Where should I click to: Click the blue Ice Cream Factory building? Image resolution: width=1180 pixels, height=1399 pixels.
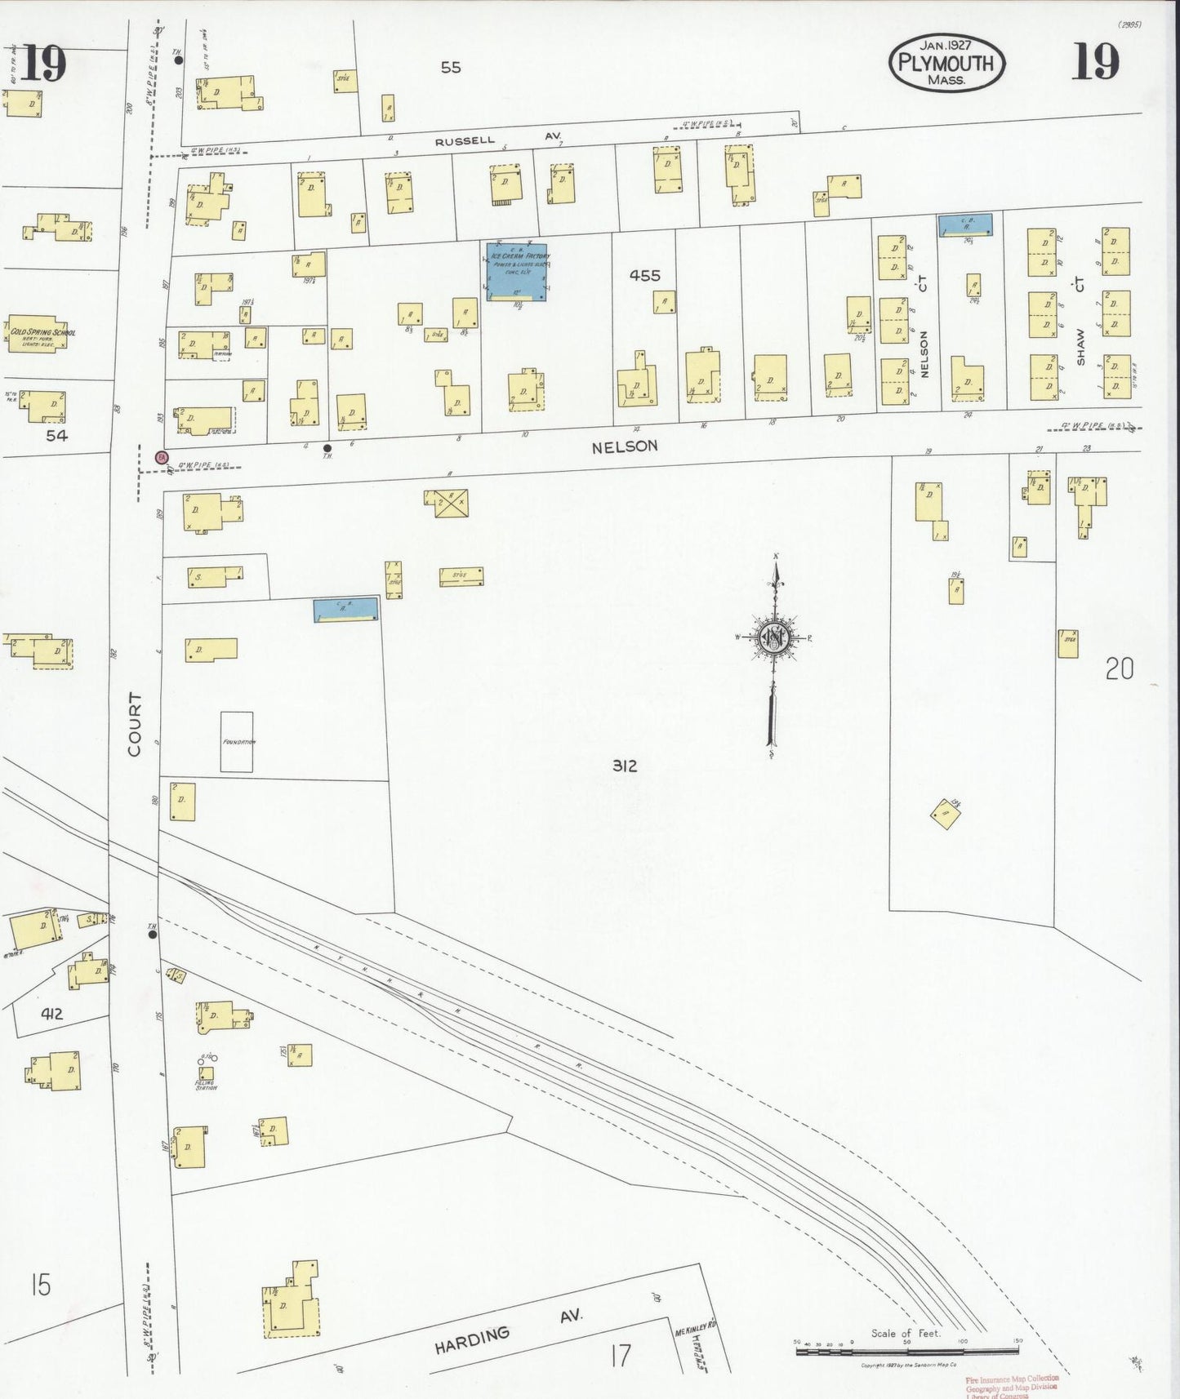pos(517,272)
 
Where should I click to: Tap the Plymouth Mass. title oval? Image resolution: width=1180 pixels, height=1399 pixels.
pos(946,63)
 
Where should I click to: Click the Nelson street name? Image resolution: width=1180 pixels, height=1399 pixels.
pos(625,446)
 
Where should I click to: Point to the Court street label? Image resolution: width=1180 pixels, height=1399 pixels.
pos(135,724)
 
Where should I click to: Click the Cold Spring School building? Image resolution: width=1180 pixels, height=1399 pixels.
pos(42,333)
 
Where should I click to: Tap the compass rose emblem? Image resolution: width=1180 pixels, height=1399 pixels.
pos(773,638)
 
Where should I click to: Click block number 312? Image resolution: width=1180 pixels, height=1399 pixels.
pos(625,766)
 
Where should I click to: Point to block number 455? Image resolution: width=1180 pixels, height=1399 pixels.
pos(644,276)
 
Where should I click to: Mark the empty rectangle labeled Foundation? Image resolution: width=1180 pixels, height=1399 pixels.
pos(237,742)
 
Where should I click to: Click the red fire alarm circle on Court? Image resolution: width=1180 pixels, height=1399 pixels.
pos(162,458)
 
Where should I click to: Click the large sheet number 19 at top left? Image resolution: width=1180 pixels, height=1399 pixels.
pos(42,64)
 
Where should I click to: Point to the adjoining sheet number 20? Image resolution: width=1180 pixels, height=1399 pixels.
pos(1120,669)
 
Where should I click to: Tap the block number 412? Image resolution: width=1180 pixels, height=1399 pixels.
pos(51,1015)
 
